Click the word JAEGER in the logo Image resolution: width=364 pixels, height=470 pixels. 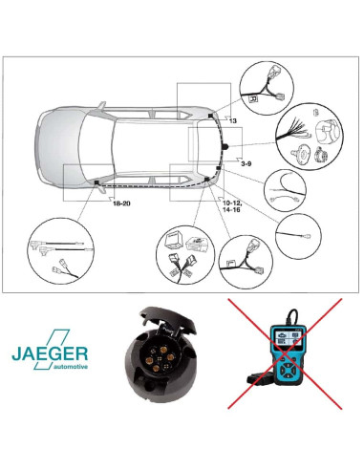coord(50,353)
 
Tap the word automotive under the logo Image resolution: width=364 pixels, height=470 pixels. coord(71,367)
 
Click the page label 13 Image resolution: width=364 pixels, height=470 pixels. coord(233,120)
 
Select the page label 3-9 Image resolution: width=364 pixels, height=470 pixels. coord(246,163)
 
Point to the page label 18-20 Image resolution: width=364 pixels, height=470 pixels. coord(121,203)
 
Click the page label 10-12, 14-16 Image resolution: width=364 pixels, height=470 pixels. coord(232,206)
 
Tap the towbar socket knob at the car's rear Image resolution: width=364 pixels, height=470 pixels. coord(225,146)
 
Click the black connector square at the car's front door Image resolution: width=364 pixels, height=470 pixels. coord(96,182)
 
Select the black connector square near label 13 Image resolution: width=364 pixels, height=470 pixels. coord(210,116)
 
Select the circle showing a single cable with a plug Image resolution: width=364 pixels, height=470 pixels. coord(298,236)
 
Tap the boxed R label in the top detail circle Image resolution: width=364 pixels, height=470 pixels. coord(253,99)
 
